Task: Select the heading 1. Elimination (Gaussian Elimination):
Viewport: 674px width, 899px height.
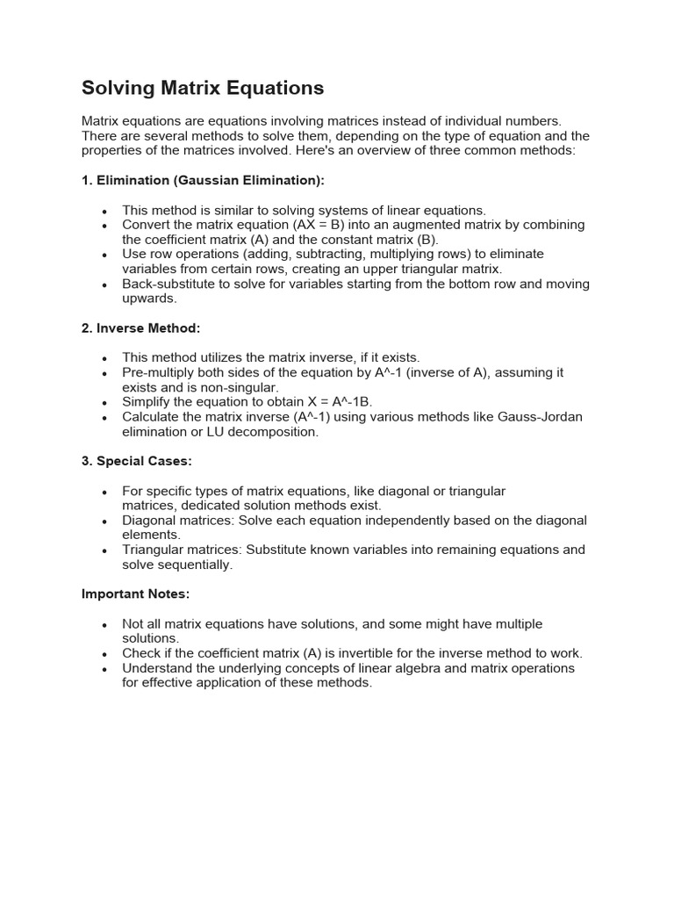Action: point(203,180)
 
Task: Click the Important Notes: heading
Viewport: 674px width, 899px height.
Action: point(135,593)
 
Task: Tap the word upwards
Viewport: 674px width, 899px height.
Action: point(149,298)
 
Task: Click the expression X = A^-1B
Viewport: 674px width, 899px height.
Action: point(334,402)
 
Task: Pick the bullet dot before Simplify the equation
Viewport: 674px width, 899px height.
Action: point(105,403)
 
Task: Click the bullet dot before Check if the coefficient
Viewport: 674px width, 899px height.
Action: point(105,654)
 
